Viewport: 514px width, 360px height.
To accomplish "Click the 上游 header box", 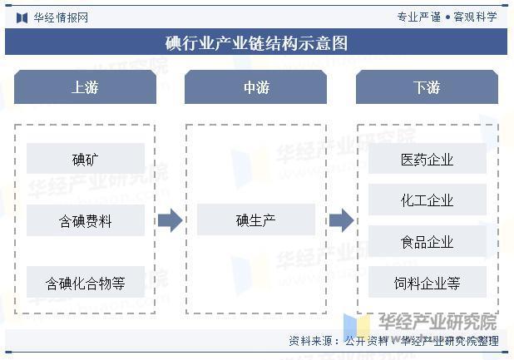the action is pos(85,86).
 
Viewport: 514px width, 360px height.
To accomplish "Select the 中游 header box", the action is pos(255,86).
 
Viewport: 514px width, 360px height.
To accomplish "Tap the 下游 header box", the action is pos(427,86).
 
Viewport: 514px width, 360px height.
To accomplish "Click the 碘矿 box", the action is pos(86,159).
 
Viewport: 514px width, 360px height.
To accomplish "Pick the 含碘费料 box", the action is pos(86,220).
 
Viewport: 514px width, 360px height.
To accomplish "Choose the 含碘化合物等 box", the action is pos(86,282).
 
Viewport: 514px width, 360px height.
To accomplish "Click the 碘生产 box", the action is pos(256,219).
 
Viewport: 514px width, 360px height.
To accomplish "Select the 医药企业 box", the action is pos(428,159).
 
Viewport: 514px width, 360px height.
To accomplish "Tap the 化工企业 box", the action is pos(428,200).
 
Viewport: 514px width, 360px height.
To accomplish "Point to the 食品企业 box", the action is pos(428,241).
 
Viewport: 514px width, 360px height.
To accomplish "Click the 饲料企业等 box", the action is pos(428,282).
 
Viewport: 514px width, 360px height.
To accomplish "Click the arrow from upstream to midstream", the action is pos(171,220).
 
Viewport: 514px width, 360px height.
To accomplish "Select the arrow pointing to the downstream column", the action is pos(342,220).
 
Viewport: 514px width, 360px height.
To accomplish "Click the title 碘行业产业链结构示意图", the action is pos(256,43).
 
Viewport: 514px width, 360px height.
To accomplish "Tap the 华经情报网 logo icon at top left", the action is pos(22,17).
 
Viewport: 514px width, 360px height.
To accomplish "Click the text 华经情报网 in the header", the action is pos(61,17).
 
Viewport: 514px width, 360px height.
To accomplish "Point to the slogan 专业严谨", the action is pos(419,17).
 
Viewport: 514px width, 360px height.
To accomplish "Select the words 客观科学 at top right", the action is pos(475,17).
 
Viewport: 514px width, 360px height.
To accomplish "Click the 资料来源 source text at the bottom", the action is pos(393,341).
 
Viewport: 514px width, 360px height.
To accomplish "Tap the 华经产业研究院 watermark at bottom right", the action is pos(437,322).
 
